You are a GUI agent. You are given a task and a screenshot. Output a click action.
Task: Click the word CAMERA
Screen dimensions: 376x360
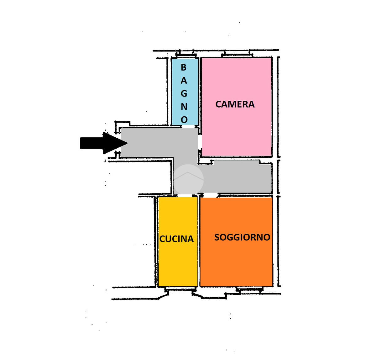pos(235,104)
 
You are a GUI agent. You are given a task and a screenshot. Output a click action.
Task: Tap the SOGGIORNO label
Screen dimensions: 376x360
pos(242,237)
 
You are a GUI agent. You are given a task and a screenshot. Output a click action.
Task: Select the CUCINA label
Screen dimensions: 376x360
pos(176,239)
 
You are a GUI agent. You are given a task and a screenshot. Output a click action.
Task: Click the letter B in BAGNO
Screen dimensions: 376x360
pos(184,67)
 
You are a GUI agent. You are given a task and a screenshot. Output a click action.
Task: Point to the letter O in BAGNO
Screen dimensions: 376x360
pos(184,120)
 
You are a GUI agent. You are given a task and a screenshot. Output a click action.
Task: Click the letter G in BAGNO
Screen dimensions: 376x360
pos(184,93)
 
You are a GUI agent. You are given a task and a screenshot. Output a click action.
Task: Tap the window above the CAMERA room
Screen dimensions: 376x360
pos(237,55)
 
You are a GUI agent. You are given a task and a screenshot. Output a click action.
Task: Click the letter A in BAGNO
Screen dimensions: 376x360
pos(184,81)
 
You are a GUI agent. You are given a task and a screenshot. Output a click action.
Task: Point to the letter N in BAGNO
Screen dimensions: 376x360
pos(184,107)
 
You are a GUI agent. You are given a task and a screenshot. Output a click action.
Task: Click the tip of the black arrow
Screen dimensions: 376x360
pos(127,143)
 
